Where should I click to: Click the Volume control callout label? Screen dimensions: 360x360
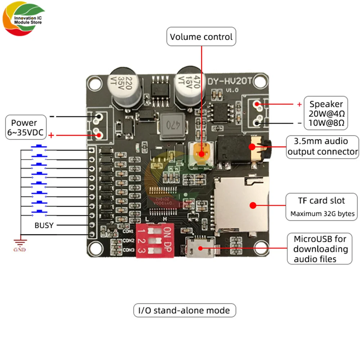tap(201, 37)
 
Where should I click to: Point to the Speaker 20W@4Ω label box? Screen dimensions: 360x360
tap(326, 113)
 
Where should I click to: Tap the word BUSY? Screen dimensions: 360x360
tap(44, 225)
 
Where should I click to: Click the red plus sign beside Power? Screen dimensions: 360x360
tap(51, 135)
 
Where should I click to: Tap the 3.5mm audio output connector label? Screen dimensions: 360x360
tap(323, 147)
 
